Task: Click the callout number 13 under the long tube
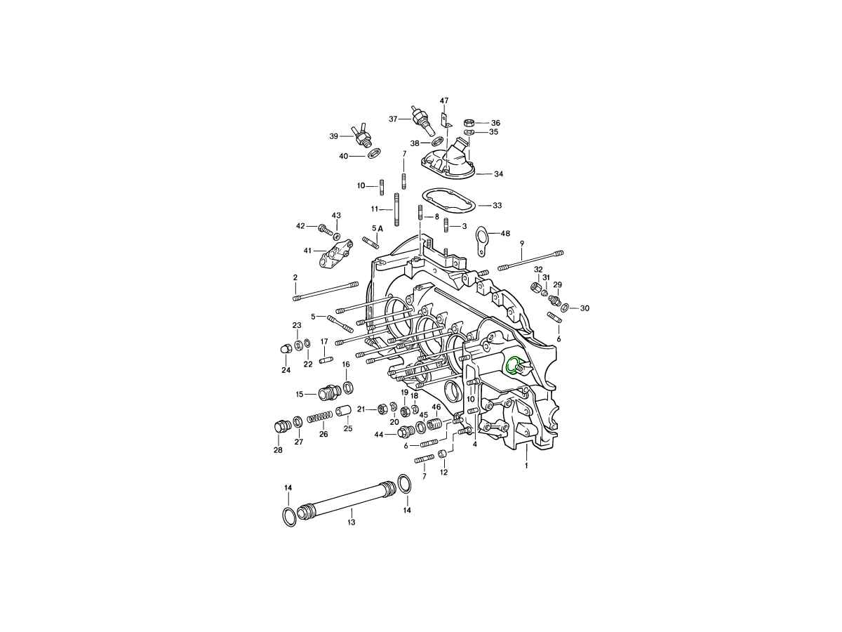click(x=351, y=522)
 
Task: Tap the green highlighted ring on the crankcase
click(x=512, y=365)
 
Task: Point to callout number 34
click(x=498, y=174)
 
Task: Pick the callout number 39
click(x=334, y=136)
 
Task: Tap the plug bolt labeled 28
click(x=281, y=426)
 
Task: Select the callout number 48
click(x=506, y=233)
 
